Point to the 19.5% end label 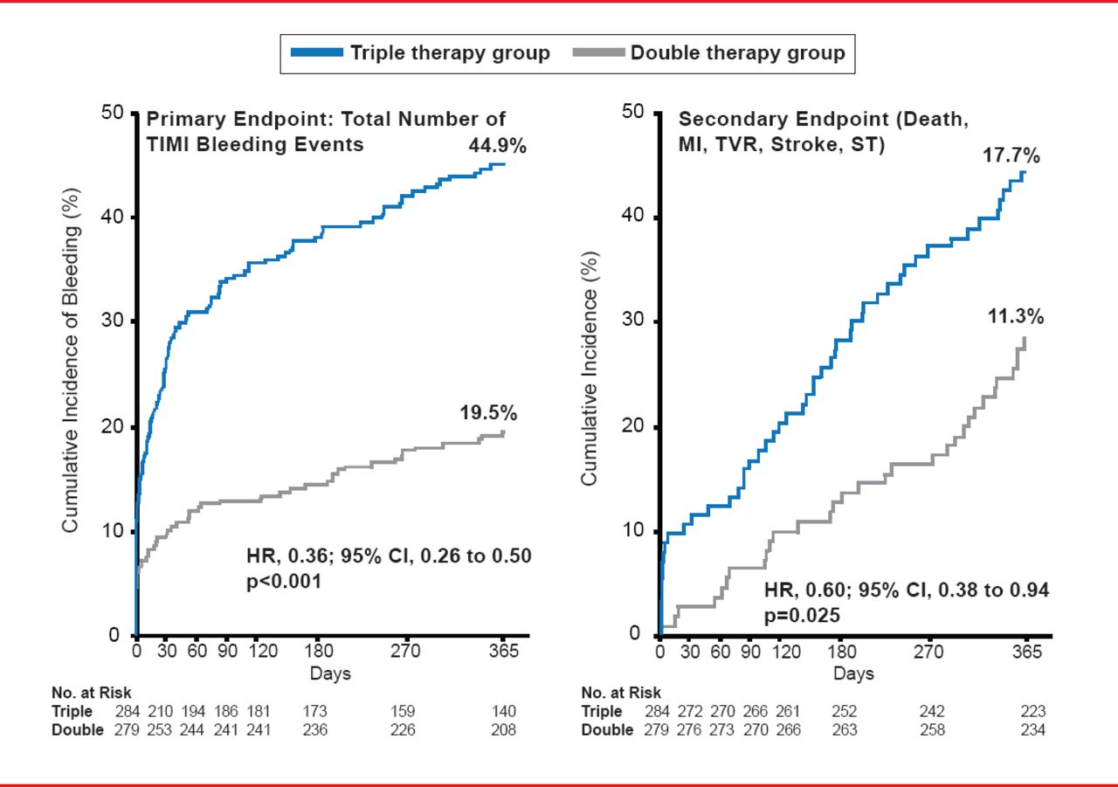click(489, 413)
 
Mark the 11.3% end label click(1015, 317)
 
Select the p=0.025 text click(803, 615)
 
